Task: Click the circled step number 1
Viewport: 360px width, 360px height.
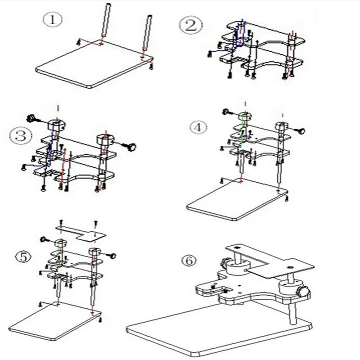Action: coord(52,20)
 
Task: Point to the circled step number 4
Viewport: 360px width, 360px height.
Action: coord(198,127)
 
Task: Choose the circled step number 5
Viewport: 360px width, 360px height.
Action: coord(22,257)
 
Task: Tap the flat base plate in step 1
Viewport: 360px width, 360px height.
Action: coord(90,67)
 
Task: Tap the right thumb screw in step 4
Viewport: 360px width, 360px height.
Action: coord(300,131)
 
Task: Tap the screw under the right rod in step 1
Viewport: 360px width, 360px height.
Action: coord(151,66)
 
